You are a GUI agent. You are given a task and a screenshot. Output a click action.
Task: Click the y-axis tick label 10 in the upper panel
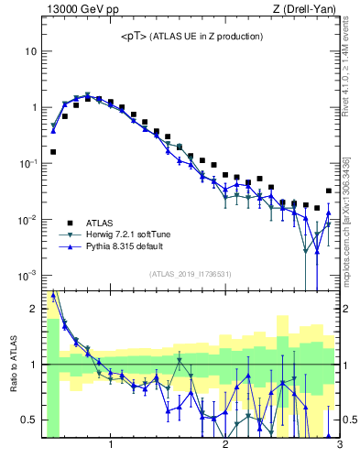pyautogui.click(x=30, y=51)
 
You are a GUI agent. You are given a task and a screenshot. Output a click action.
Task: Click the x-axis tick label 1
pyautogui.click(x=111, y=446)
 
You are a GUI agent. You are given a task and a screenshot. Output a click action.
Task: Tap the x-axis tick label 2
pyautogui.click(x=225, y=446)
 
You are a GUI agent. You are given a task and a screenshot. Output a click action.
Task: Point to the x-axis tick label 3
pyautogui.click(x=339, y=446)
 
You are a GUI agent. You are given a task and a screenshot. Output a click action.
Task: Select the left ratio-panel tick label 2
pyautogui.click(x=34, y=309)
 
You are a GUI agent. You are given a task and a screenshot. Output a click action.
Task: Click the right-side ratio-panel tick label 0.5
pyautogui.click(x=351, y=420)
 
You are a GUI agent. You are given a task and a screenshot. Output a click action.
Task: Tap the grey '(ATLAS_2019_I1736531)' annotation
pyautogui.click(x=191, y=274)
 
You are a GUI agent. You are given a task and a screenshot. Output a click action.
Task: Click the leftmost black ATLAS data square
pyautogui.click(x=53, y=152)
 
